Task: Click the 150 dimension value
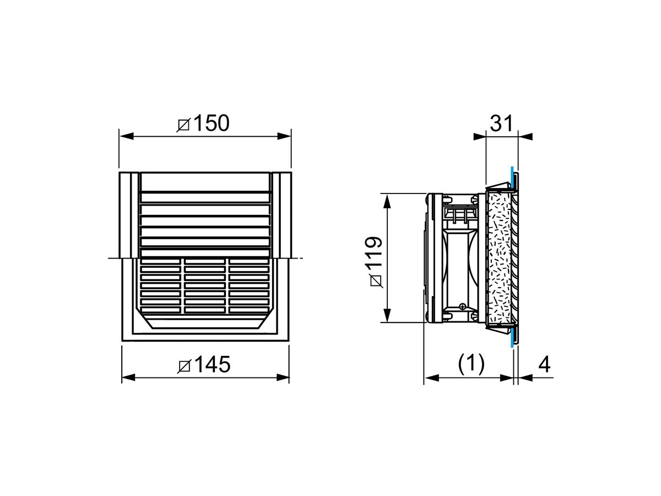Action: (x=212, y=123)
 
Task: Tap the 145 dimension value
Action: (x=212, y=364)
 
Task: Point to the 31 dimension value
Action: (x=501, y=123)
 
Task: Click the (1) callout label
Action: (x=472, y=364)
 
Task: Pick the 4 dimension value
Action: (x=544, y=365)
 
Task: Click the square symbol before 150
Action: (x=183, y=125)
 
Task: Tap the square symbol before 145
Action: (x=184, y=366)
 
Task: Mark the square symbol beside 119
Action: (x=376, y=282)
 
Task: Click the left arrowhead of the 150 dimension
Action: (x=127, y=136)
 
